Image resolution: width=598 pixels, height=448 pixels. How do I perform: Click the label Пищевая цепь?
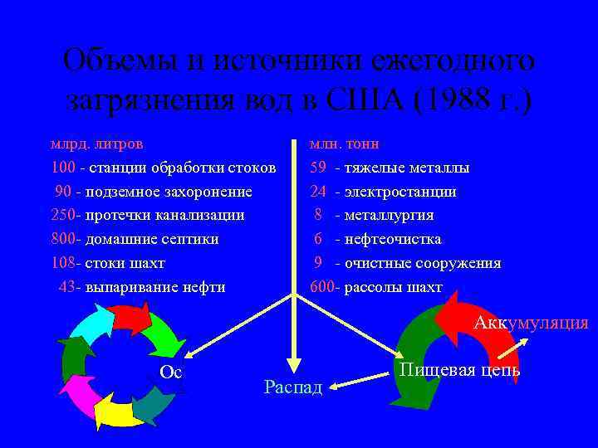tap(459, 369)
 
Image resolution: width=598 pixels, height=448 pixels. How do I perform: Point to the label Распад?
tap(292, 387)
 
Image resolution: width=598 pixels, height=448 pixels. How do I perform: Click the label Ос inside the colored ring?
tap(170, 373)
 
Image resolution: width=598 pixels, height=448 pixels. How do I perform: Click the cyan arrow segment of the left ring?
tap(93, 324)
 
